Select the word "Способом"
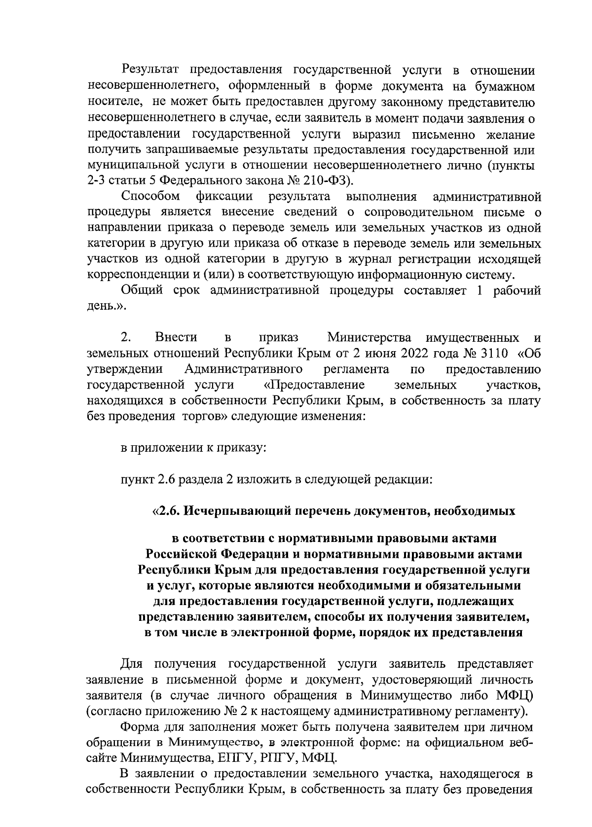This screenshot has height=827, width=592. coord(151,196)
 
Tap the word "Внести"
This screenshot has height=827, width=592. coord(176,338)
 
